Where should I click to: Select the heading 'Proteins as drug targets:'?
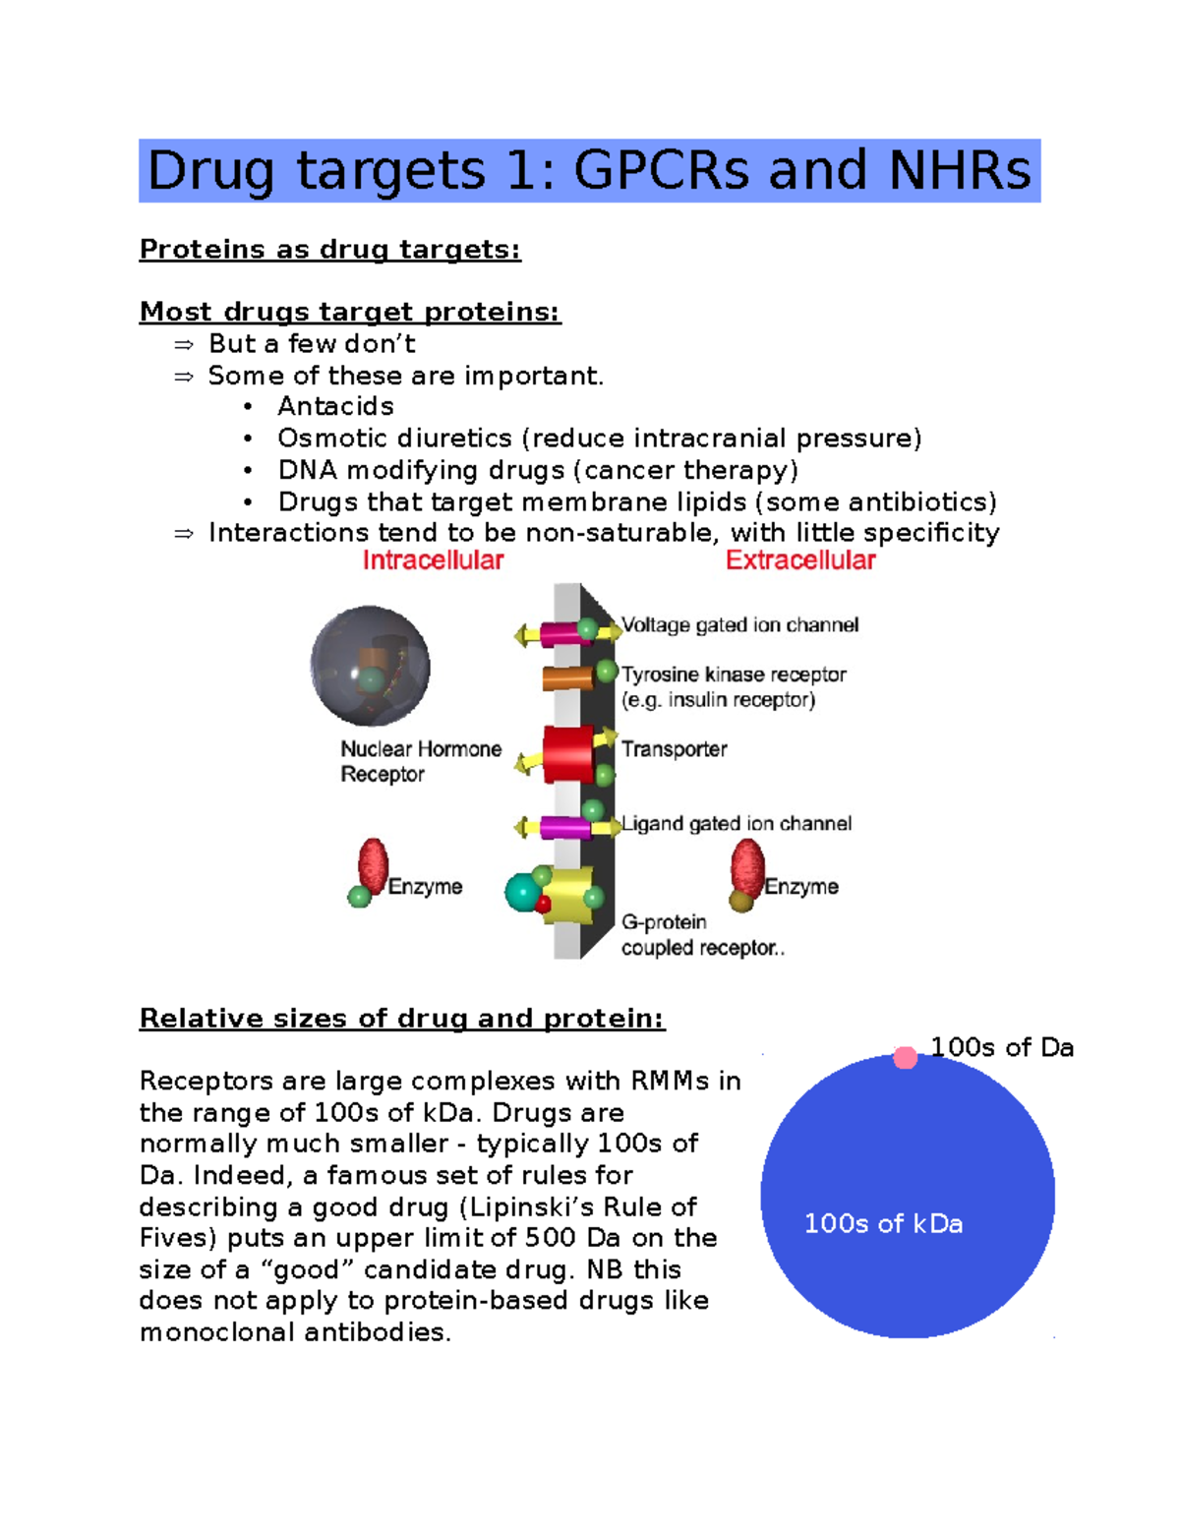coord(330,250)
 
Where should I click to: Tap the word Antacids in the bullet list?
coord(335,406)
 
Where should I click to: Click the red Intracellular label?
coord(433,560)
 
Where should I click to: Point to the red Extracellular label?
coord(800,560)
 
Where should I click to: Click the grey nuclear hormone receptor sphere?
coord(370,666)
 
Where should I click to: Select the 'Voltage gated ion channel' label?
coord(740,625)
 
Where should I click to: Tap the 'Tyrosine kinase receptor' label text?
coord(734,675)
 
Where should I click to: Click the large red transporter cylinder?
coord(567,754)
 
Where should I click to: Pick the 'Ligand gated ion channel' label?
coord(737,824)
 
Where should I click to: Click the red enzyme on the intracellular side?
coord(373,864)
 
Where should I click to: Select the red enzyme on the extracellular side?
coord(747,867)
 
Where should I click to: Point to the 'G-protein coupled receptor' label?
coord(702,935)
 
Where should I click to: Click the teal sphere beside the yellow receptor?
coord(522,893)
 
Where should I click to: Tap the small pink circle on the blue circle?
coord(906,1058)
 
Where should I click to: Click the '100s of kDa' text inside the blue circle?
coord(883,1224)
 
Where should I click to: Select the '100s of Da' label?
coord(1002,1047)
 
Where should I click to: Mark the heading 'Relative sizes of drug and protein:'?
coord(402,1019)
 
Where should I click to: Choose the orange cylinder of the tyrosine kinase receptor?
coord(566,677)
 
